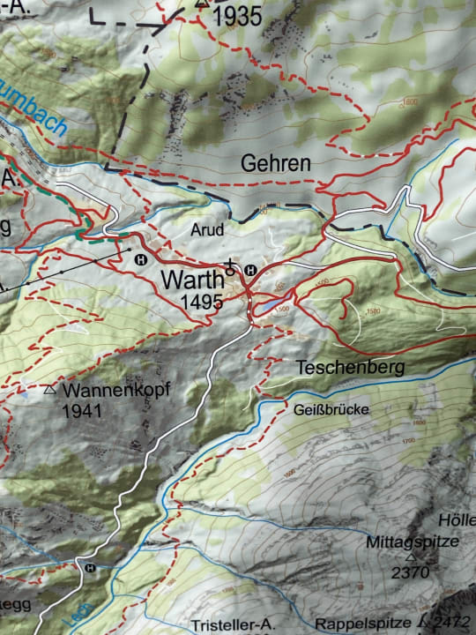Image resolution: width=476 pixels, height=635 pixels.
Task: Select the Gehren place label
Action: coord(275,164)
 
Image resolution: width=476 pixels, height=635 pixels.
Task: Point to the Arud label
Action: coord(207,229)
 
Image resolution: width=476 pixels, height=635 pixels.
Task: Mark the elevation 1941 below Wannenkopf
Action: coord(83,410)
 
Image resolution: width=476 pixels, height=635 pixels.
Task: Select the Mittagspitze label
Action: coord(412,542)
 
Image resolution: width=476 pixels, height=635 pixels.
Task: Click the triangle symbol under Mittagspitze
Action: coord(410,557)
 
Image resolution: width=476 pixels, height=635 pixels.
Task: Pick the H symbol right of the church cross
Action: coord(250,270)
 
